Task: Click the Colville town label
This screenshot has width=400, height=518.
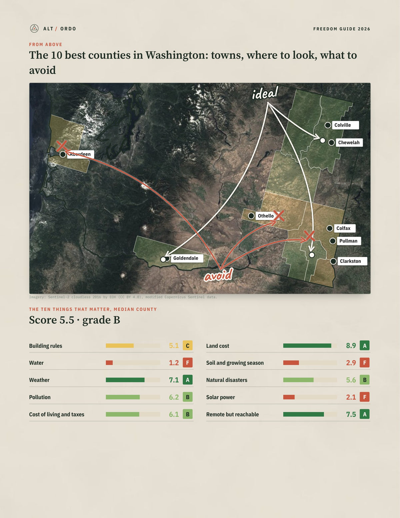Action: (x=345, y=125)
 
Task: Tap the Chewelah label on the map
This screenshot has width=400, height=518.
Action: (x=349, y=143)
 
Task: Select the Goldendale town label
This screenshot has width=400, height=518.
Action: (x=187, y=258)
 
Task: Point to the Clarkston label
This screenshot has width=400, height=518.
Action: (x=352, y=261)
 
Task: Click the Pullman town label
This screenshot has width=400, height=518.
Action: (x=349, y=241)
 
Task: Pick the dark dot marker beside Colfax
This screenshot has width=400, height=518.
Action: (x=330, y=229)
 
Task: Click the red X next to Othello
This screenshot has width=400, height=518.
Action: (x=279, y=216)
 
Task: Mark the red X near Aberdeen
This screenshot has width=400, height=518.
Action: (x=62, y=146)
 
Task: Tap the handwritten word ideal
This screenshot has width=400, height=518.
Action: (x=265, y=93)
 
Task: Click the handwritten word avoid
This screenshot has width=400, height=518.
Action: (x=218, y=275)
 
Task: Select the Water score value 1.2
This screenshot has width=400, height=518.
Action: (x=174, y=363)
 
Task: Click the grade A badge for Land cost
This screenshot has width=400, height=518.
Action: (x=365, y=346)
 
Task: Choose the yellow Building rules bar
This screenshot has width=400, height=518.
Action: (x=120, y=346)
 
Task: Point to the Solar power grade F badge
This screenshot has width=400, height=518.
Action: (x=365, y=397)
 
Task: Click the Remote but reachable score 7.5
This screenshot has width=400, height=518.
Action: (x=351, y=414)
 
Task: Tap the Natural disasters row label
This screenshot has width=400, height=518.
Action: (x=227, y=380)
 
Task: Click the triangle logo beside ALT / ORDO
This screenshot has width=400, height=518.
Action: (x=34, y=28)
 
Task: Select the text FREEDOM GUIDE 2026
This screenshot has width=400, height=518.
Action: (x=342, y=29)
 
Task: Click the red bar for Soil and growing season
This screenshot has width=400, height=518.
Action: (x=291, y=363)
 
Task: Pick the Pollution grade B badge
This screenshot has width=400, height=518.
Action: (x=188, y=397)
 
